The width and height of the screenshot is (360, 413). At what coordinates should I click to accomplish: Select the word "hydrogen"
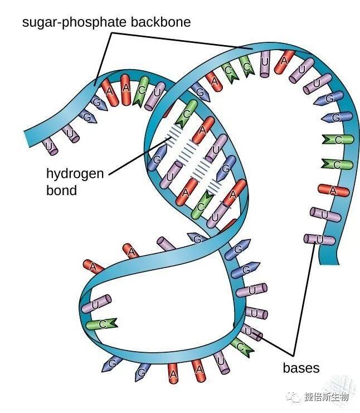(75, 173)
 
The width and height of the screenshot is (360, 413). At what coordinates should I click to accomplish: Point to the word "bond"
(61, 190)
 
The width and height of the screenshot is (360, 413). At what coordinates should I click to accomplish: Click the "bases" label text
(301, 368)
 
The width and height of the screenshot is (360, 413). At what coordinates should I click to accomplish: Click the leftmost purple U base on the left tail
(51, 145)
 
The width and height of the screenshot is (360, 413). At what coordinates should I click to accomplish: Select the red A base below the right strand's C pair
(333, 190)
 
